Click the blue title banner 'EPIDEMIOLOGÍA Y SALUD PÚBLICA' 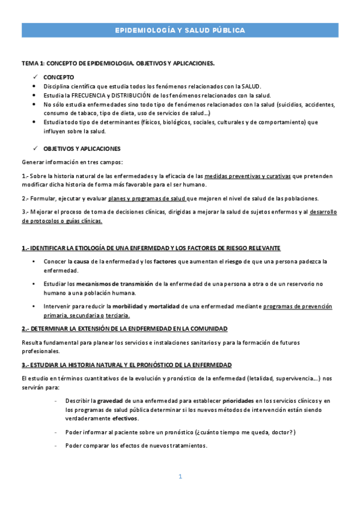(x=180, y=30)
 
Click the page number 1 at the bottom (x=180, y=476)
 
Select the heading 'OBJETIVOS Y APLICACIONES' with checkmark (x=82, y=149)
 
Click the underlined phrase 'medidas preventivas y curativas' (x=248, y=176)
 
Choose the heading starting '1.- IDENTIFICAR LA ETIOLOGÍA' (x=150, y=248)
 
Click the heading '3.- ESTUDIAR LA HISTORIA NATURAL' (x=126, y=365)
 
